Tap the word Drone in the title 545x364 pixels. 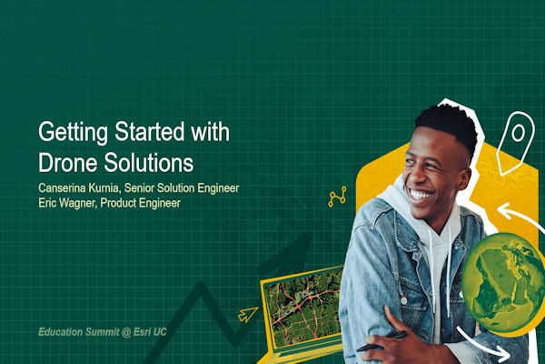(x=72, y=164)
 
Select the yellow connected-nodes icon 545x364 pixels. (x=337, y=197)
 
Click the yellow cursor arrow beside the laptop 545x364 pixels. (x=247, y=315)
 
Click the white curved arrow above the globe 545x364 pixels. (x=510, y=219)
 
